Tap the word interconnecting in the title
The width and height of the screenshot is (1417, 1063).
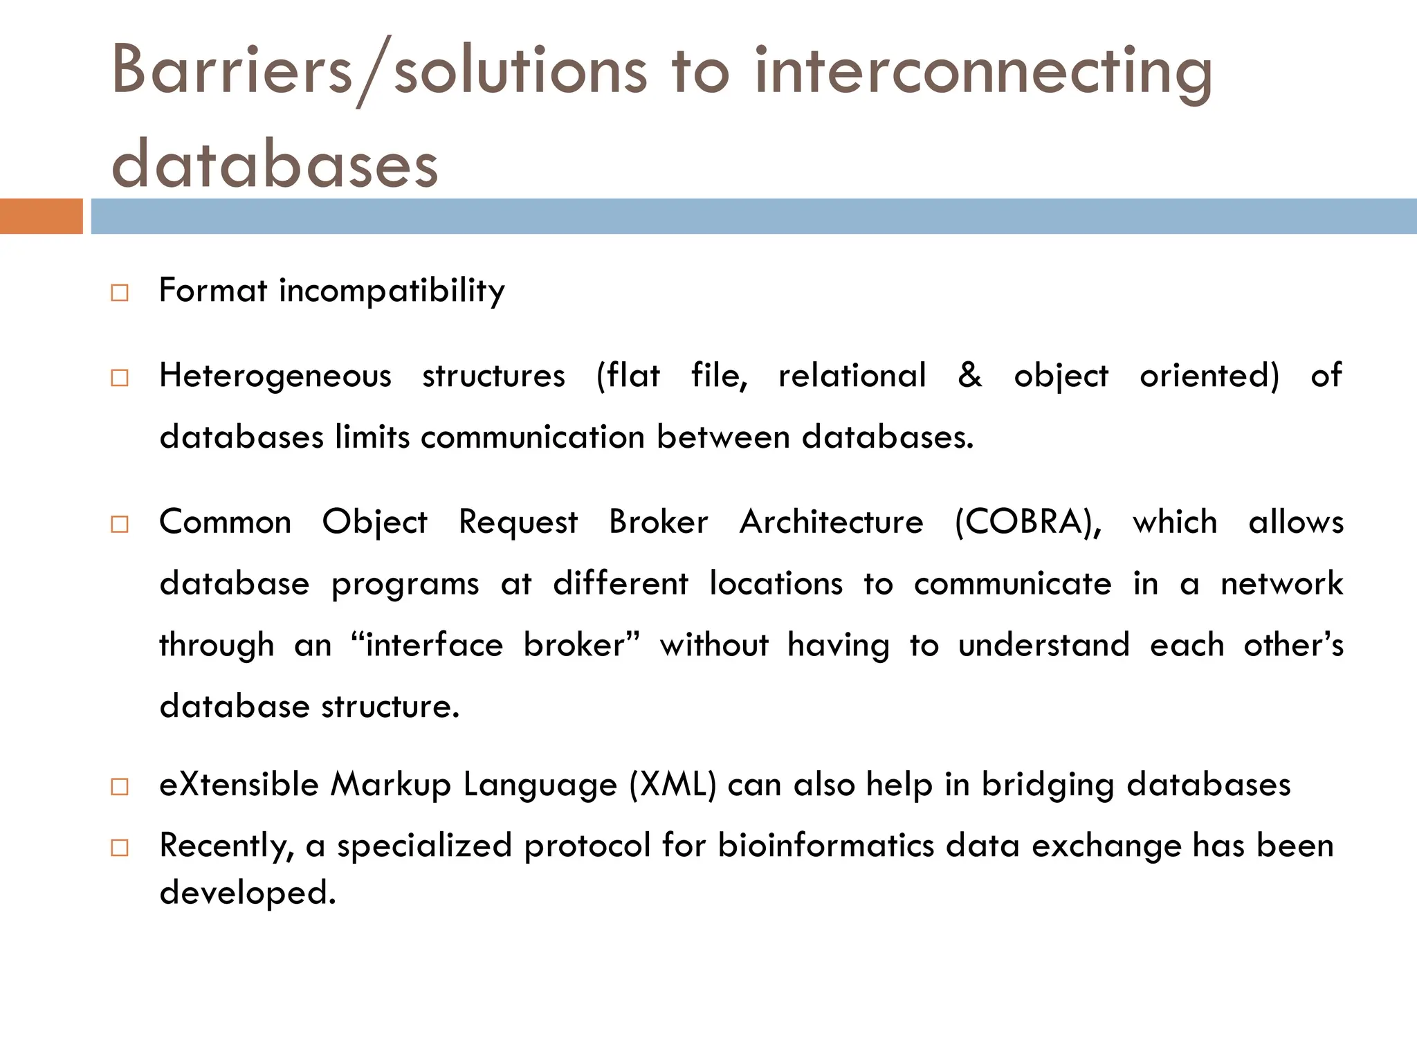pyautogui.click(x=982, y=73)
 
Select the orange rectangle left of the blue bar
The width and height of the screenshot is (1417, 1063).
pyautogui.click(x=41, y=216)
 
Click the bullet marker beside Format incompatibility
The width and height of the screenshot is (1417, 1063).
pyautogui.click(x=120, y=293)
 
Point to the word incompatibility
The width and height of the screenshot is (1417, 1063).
pyautogui.click(x=392, y=291)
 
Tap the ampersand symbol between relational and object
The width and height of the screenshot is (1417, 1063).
pyautogui.click(x=969, y=375)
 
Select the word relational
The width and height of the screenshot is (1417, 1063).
pyautogui.click(x=852, y=376)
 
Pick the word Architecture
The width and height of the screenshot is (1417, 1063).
pyautogui.click(x=831, y=523)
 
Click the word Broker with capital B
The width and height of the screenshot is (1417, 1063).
pyautogui.click(x=658, y=523)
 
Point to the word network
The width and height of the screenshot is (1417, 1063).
pyautogui.click(x=1281, y=584)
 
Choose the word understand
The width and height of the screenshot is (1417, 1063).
pyautogui.click(x=1043, y=646)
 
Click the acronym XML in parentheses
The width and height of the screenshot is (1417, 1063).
pyautogui.click(x=673, y=785)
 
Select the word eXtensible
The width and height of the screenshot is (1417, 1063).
pyautogui.click(x=239, y=785)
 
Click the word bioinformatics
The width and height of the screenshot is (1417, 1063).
pyautogui.click(x=826, y=846)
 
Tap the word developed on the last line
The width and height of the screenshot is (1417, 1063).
pyautogui.click(x=247, y=893)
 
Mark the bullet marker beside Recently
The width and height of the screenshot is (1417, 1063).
pyautogui.click(x=120, y=848)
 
